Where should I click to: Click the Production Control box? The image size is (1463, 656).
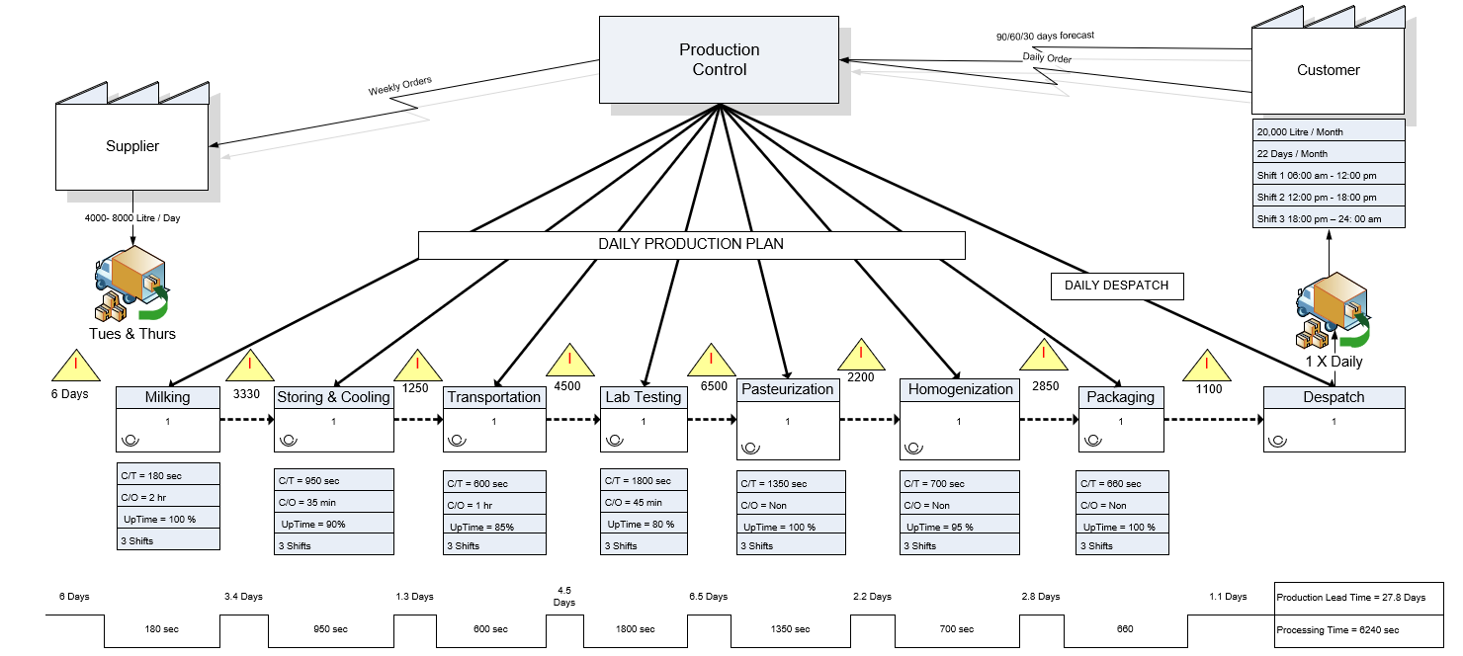[719, 59]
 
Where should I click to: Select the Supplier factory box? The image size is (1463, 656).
[131, 146]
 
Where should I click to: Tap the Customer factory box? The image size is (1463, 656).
[1328, 70]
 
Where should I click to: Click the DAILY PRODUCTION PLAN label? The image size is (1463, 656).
[691, 244]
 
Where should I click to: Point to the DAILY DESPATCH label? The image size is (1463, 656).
[1116, 286]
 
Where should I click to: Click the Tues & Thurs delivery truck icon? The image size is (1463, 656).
[130, 287]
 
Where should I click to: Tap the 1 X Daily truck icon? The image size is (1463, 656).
[1334, 310]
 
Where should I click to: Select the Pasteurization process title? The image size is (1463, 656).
[787, 389]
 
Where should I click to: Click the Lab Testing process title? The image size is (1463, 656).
[643, 397]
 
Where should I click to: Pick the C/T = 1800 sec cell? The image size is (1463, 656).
[644, 481]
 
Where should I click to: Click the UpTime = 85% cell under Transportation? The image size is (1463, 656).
[494, 526]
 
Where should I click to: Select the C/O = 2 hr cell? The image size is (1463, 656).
[167, 496]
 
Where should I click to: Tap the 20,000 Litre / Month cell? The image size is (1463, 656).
[1328, 131]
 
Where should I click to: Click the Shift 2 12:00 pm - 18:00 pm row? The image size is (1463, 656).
[1328, 197]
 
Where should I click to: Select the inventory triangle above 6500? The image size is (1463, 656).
[712, 361]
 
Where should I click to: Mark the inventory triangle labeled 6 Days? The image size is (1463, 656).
[75, 365]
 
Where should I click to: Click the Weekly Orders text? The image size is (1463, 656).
[399, 87]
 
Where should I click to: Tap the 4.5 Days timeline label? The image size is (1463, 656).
[563, 596]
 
